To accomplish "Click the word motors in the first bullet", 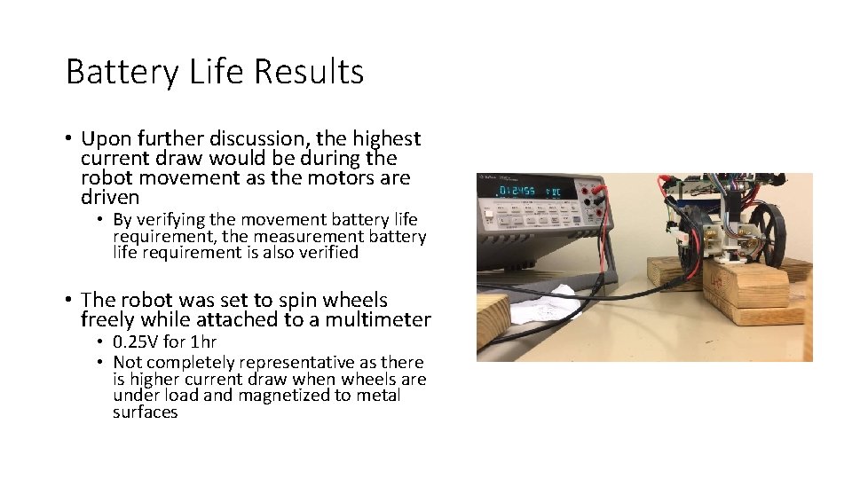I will pos(335,177).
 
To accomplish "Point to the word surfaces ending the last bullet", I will pos(146,412).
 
